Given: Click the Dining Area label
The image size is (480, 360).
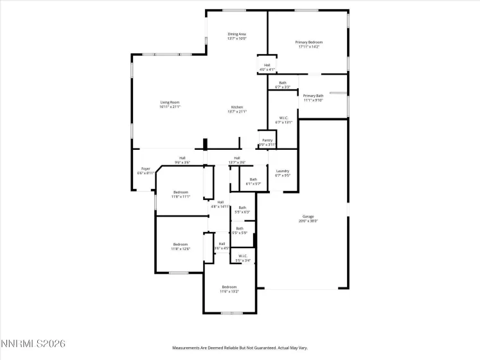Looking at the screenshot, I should (236, 36).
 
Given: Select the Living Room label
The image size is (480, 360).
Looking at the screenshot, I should (170, 104).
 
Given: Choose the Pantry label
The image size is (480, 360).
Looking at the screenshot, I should (267, 142).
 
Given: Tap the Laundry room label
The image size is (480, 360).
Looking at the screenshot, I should (283, 172).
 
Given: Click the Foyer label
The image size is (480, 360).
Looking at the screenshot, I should (146, 170).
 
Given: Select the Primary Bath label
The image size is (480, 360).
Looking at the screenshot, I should (314, 97).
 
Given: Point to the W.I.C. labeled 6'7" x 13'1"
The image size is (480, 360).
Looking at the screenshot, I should (283, 120).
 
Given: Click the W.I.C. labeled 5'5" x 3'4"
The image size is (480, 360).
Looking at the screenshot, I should (243, 258).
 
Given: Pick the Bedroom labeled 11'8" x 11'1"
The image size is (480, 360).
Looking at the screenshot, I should (181, 194).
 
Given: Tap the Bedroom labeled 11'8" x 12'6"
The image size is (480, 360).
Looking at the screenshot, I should (181, 246).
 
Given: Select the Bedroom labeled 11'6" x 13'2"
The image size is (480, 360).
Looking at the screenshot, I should (229, 289).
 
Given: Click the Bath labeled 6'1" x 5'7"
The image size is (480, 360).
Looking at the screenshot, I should (253, 181).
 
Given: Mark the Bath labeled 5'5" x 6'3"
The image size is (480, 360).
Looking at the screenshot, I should (242, 209).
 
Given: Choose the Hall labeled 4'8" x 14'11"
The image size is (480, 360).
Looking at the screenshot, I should (220, 204).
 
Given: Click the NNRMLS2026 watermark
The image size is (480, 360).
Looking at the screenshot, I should (33, 345).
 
